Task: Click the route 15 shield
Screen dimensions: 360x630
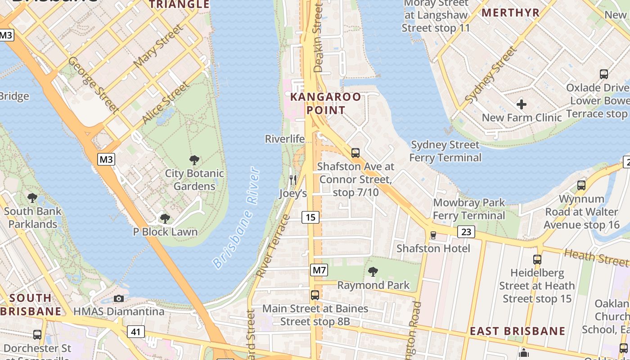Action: pyautogui.click(x=310, y=217)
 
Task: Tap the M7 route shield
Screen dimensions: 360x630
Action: pyautogui.click(x=319, y=270)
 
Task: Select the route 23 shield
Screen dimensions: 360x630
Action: pyautogui.click(x=466, y=232)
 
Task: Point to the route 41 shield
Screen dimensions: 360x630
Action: pyautogui.click(x=135, y=332)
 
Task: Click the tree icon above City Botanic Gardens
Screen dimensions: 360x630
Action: pyautogui.click(x=194, y=160)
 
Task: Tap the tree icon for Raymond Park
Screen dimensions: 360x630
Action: pyautogui.click(x=373, y=271)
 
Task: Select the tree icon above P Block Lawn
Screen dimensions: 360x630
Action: pyautogui.click(x=165, y=219)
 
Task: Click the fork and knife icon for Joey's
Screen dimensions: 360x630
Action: pyautogui.click(x=293, y=180)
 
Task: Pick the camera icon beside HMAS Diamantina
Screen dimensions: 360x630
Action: pyautogui.click(x=119, y=298)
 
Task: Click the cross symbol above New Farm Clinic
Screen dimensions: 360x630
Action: pyautogui.click(x=522, y=104)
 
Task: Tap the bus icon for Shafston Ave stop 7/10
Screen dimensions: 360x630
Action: pyautogui.click(x=355, y=153)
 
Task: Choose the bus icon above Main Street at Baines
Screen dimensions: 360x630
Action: pyautogui.click(x=315, y=295)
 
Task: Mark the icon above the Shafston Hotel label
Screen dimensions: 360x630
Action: pyautogui.click(x=433, y=235)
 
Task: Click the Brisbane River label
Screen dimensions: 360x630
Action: pyautogui.click(x=237, y=218)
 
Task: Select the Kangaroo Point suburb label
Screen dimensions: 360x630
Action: pyautogui.click(x=326, y=103)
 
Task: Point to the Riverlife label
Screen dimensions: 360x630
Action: pyautogui.click(x=285, y=139)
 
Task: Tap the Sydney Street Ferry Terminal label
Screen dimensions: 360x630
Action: pyautogui.click(x=445, y=151)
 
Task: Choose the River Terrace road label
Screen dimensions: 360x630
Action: pyautogui.click(x=273, y=245)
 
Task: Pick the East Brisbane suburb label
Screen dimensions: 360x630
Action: pyautogui.click(x=517, y=331)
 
